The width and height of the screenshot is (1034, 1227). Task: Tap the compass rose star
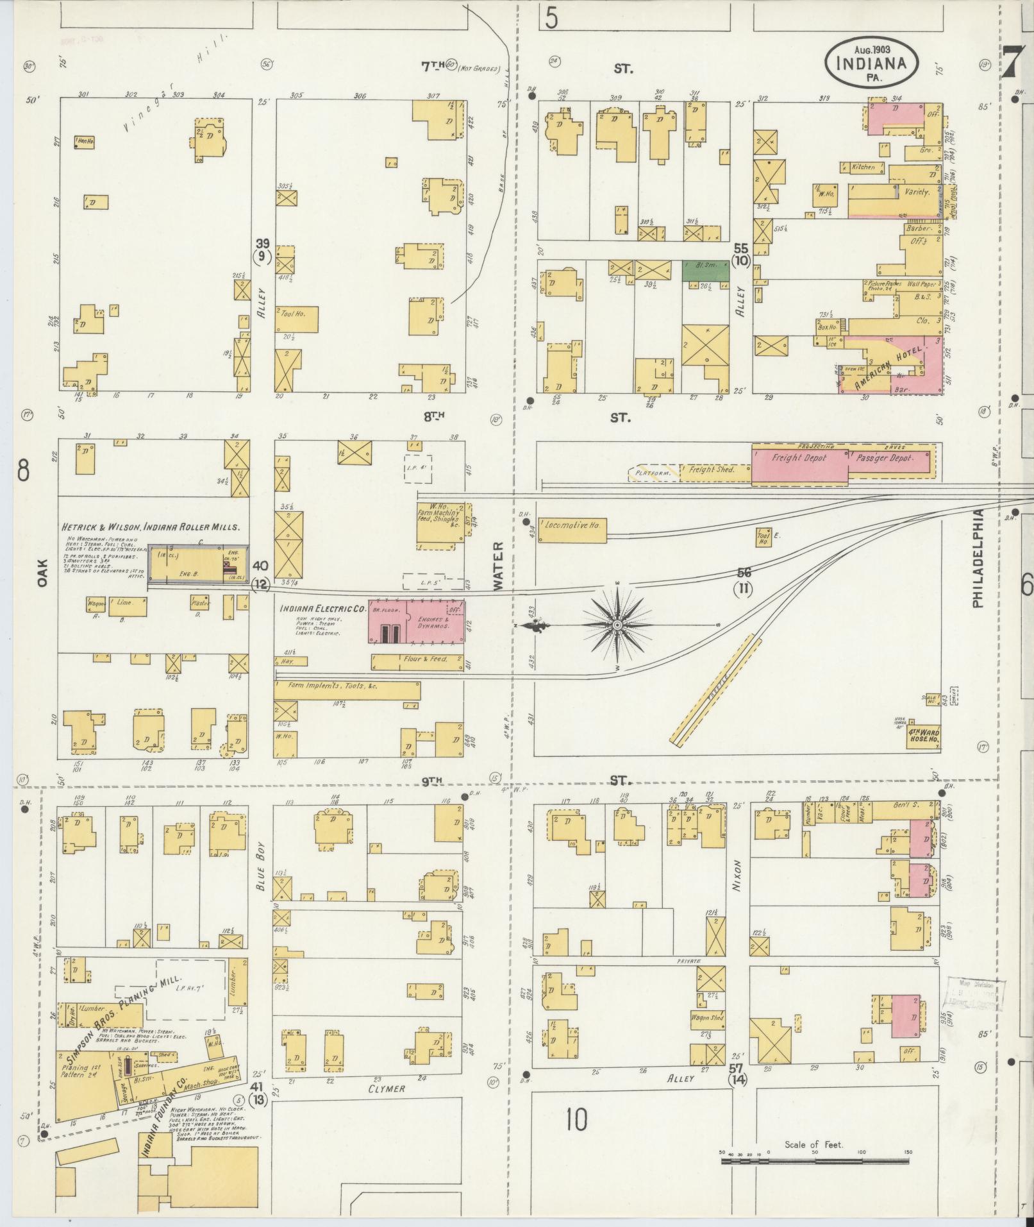(x=617, y=625)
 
